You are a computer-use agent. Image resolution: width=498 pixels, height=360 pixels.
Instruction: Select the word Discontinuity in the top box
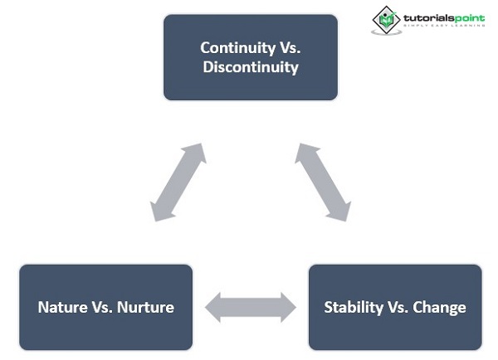tap(251, 67)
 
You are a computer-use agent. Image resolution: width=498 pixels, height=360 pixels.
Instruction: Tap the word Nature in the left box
tap(61, 307)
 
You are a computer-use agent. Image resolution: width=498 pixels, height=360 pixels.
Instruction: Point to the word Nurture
tap(144, 307)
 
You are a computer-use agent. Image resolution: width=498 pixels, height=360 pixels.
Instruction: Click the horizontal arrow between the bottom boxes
tap(251, 307)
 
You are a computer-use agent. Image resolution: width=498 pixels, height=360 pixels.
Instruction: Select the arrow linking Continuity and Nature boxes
tap(179, 182)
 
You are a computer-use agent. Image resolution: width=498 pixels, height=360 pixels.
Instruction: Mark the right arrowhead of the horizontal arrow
tap(286, 307)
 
